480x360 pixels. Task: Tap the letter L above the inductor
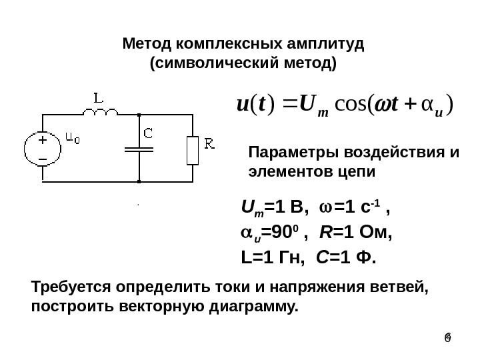tap(98, 98)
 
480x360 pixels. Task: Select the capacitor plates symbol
tap(139, 149)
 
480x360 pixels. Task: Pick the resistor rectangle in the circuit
tap(192, 150)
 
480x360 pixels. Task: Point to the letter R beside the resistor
tap(209, 143)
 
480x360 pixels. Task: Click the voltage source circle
tap(41, 149)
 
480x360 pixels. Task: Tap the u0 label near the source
tap(73, 138)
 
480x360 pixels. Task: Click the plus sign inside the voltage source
tap(42, 141)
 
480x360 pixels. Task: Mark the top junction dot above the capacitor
tap(139, 115)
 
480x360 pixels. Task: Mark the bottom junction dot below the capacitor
tap(139, 180)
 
